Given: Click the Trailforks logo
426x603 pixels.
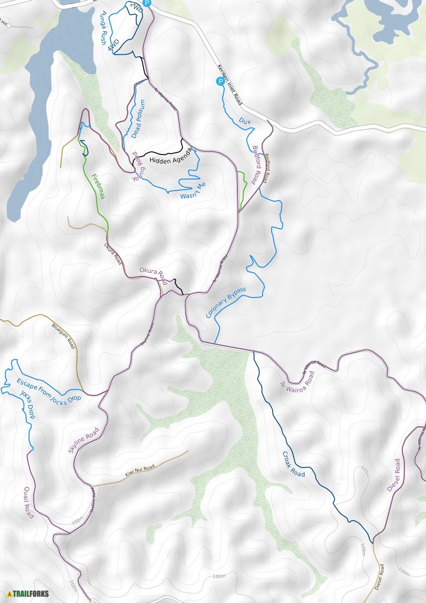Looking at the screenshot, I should pos(28,594).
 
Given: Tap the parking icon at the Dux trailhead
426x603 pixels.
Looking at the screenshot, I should pos(220,81).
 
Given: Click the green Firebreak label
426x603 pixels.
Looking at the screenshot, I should pos(98,187).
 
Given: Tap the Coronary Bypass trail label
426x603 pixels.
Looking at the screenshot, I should pos(226,303).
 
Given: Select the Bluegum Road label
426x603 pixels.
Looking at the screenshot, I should pos(64,336).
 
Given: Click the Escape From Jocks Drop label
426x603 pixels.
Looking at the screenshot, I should pos(49,390).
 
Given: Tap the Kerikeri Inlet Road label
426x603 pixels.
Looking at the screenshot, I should pos(230,85).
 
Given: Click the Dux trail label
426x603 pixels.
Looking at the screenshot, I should pos(245,121).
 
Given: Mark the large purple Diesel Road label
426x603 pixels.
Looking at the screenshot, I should pos(394,475).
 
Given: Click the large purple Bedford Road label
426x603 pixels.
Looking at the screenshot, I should pos(257,165).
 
